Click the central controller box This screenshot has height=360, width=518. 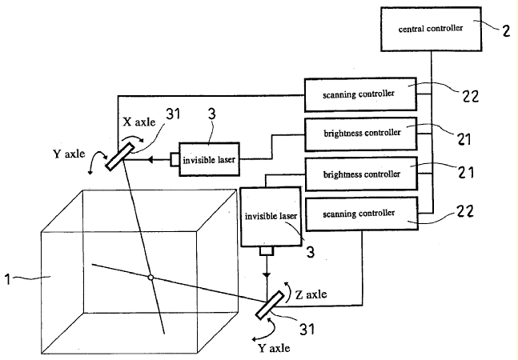pyautogui.click(x=432, y=27)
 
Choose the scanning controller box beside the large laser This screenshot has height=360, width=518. pyautogui.click(x=359, y=214)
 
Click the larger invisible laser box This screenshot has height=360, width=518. pyautogui.click(x=270, y=216)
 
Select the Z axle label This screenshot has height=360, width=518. pyautogui.click(x=309, y=294)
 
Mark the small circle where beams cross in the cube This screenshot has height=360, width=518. pyautogui.click(x=150, y=278)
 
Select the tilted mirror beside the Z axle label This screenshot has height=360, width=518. pyautogui.click(x=272, y=303)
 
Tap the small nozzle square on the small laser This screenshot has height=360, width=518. pyautogui.click(x=175, y=159)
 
